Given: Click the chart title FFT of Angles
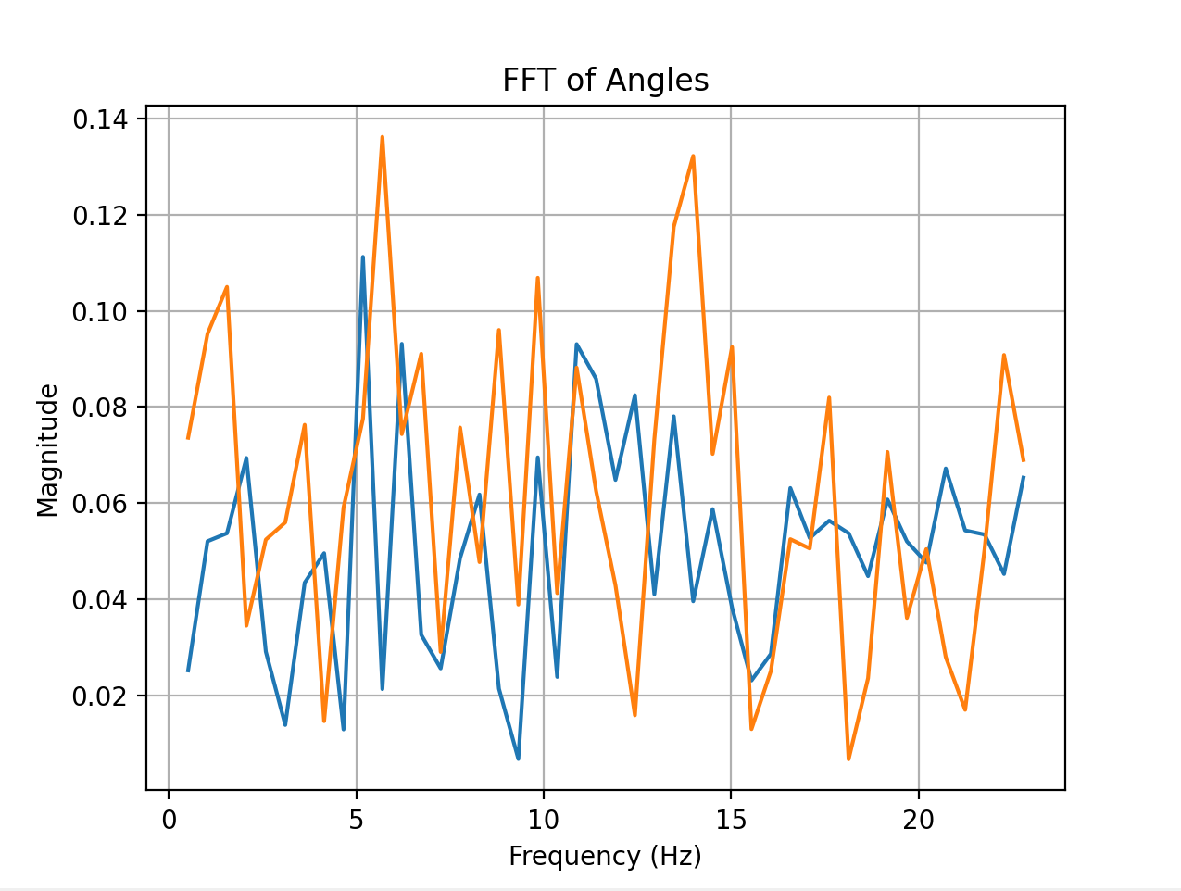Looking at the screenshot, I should pos(605,81).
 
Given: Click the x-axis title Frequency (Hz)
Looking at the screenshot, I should pos(605,856).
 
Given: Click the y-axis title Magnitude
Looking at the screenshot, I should pos(48,450).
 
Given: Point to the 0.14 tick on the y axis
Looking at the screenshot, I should pos(102,119).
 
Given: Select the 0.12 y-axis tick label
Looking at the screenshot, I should pos(102,216).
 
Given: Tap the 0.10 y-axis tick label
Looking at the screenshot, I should pos(102,311).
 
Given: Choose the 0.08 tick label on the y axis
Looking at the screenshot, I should pos(102,408).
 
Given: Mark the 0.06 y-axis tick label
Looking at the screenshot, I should pos(102,504).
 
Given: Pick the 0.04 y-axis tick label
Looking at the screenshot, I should pos(102,600).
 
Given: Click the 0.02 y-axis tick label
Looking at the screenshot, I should pos(102,696).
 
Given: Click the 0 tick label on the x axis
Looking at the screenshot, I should pos(169,822).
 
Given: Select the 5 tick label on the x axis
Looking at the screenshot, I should pos(357,822).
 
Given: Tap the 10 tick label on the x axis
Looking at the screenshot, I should pos(544,822).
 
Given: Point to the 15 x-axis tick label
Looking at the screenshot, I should pos(731,822).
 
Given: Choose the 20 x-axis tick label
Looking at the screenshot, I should pos(919,822).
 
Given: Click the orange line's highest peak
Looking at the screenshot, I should pos(382,137).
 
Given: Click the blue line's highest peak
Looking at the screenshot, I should pos(362,257).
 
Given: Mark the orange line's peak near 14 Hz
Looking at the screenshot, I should pos(693,156).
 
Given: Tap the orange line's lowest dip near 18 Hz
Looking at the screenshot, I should pos(848,759).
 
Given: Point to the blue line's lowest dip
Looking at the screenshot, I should pos(518,759).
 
